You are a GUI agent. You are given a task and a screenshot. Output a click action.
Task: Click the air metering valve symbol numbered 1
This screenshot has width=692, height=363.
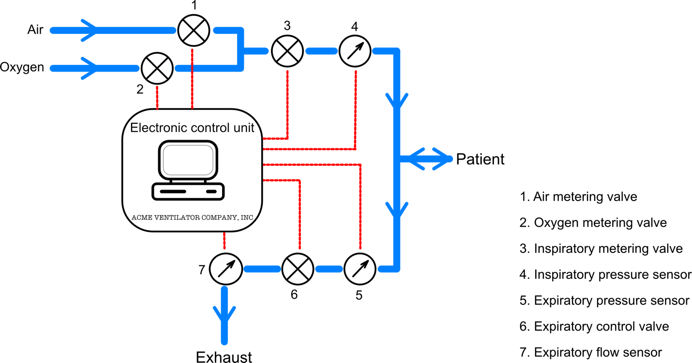[194, 30]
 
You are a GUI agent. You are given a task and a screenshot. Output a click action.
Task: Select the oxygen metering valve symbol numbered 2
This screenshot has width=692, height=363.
[157, 68]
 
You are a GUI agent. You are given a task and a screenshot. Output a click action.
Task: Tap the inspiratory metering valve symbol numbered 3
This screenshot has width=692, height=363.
[287, 51]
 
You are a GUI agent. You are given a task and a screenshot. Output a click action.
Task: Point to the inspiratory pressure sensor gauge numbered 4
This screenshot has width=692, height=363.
[355, 51]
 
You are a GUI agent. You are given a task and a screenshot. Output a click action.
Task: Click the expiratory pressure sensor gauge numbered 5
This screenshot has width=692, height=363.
[360, 269]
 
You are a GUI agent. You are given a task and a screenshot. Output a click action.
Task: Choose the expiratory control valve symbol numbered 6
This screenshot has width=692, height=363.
[298, 269]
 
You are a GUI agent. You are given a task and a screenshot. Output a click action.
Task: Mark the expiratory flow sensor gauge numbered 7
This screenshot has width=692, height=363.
[226, 269]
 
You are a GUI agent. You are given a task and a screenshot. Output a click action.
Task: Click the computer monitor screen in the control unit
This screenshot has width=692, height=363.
[188, 160]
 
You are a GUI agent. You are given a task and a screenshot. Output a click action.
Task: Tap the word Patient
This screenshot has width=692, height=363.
[480, 160]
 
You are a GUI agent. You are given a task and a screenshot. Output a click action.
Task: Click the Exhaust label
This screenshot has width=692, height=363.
[224, 357]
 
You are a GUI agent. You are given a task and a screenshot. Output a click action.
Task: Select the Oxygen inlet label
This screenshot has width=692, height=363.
[22, 67]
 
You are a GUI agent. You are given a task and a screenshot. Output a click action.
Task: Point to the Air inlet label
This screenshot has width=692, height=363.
[35, 29]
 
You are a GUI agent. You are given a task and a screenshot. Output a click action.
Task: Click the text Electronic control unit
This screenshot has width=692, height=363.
[192, 128]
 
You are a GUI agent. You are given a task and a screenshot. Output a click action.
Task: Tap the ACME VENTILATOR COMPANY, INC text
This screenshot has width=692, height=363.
[193, 218]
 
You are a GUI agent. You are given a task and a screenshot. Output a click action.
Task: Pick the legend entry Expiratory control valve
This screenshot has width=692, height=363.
[594, 326]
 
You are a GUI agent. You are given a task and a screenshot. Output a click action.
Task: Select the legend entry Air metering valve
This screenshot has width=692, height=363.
[578, 197]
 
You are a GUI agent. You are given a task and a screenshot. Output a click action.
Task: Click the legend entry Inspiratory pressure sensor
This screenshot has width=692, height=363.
[605, 275]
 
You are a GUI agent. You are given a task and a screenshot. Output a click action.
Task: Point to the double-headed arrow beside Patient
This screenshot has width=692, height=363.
[426, 159]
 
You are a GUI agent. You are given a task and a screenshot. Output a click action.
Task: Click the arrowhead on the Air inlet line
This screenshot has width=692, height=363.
[89, 30]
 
